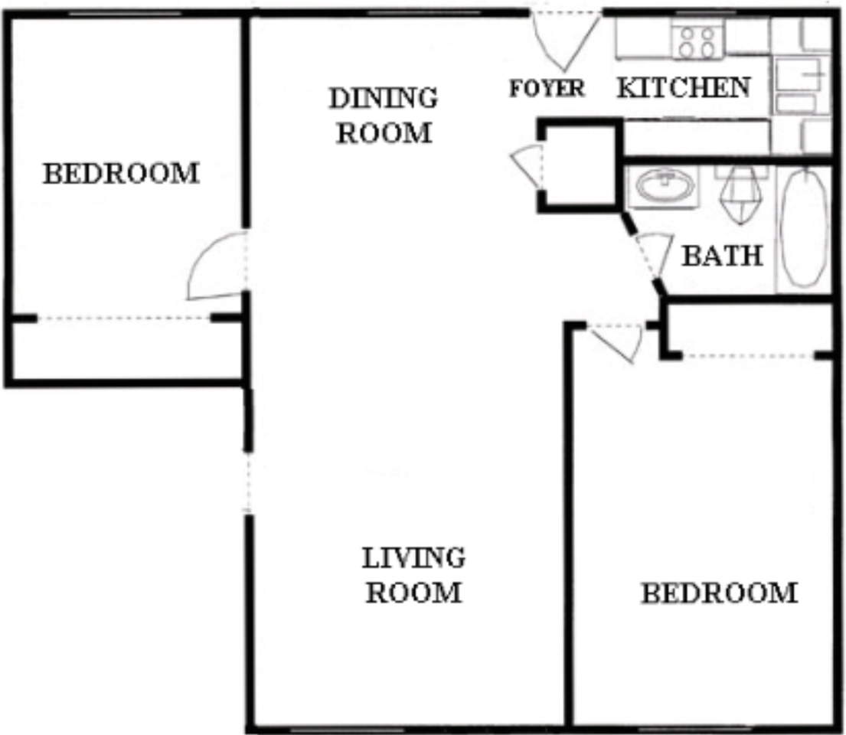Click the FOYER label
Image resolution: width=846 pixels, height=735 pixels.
point(547,89)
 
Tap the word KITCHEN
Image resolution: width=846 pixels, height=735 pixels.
point(684,87)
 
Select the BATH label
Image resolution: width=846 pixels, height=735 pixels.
point(723,256)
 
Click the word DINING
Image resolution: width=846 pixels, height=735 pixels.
point(383,98)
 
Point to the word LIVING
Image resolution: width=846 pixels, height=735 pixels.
point(413,558)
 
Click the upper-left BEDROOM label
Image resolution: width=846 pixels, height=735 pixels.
point(122,174)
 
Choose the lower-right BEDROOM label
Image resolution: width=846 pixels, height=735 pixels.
point(720,593)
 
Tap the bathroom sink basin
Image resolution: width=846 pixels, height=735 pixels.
point(665,185)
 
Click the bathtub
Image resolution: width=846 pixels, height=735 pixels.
point(804,227)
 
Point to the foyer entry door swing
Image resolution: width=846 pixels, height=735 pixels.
point(565,41)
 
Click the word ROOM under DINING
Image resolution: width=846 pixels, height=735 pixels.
point(384,132)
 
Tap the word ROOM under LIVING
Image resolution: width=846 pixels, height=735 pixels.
point(413,593)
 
